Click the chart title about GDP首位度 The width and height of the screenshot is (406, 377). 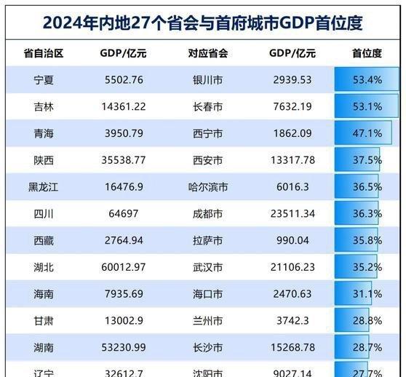click(x=203, y=22)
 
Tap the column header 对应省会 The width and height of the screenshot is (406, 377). click(x=207, y=53)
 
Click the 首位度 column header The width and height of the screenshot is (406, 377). click(x=367, y=53)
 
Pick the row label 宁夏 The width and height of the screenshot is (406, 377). click(x=43, y=80)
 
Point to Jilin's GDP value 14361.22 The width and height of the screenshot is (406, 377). click(x=122, y=107)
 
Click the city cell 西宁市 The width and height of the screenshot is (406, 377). click(x=207, y=134)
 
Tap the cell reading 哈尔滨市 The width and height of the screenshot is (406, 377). click(x=207, y=187)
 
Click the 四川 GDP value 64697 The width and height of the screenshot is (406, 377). click(x=122, y=214)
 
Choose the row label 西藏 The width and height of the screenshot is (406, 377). click(x=43, y=241)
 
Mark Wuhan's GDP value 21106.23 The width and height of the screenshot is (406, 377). click(x=291, y=267)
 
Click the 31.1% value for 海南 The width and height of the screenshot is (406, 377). click(x=367, y=294)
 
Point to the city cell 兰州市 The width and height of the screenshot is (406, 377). click(x=207, y=321)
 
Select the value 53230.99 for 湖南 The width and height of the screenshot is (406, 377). click(x=122, y=348)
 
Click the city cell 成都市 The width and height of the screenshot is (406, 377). click(x=207, y=214)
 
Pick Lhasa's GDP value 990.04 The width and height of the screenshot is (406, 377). click(x=291, y=241)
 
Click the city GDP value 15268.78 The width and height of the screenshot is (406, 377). click(x=291, y=348)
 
